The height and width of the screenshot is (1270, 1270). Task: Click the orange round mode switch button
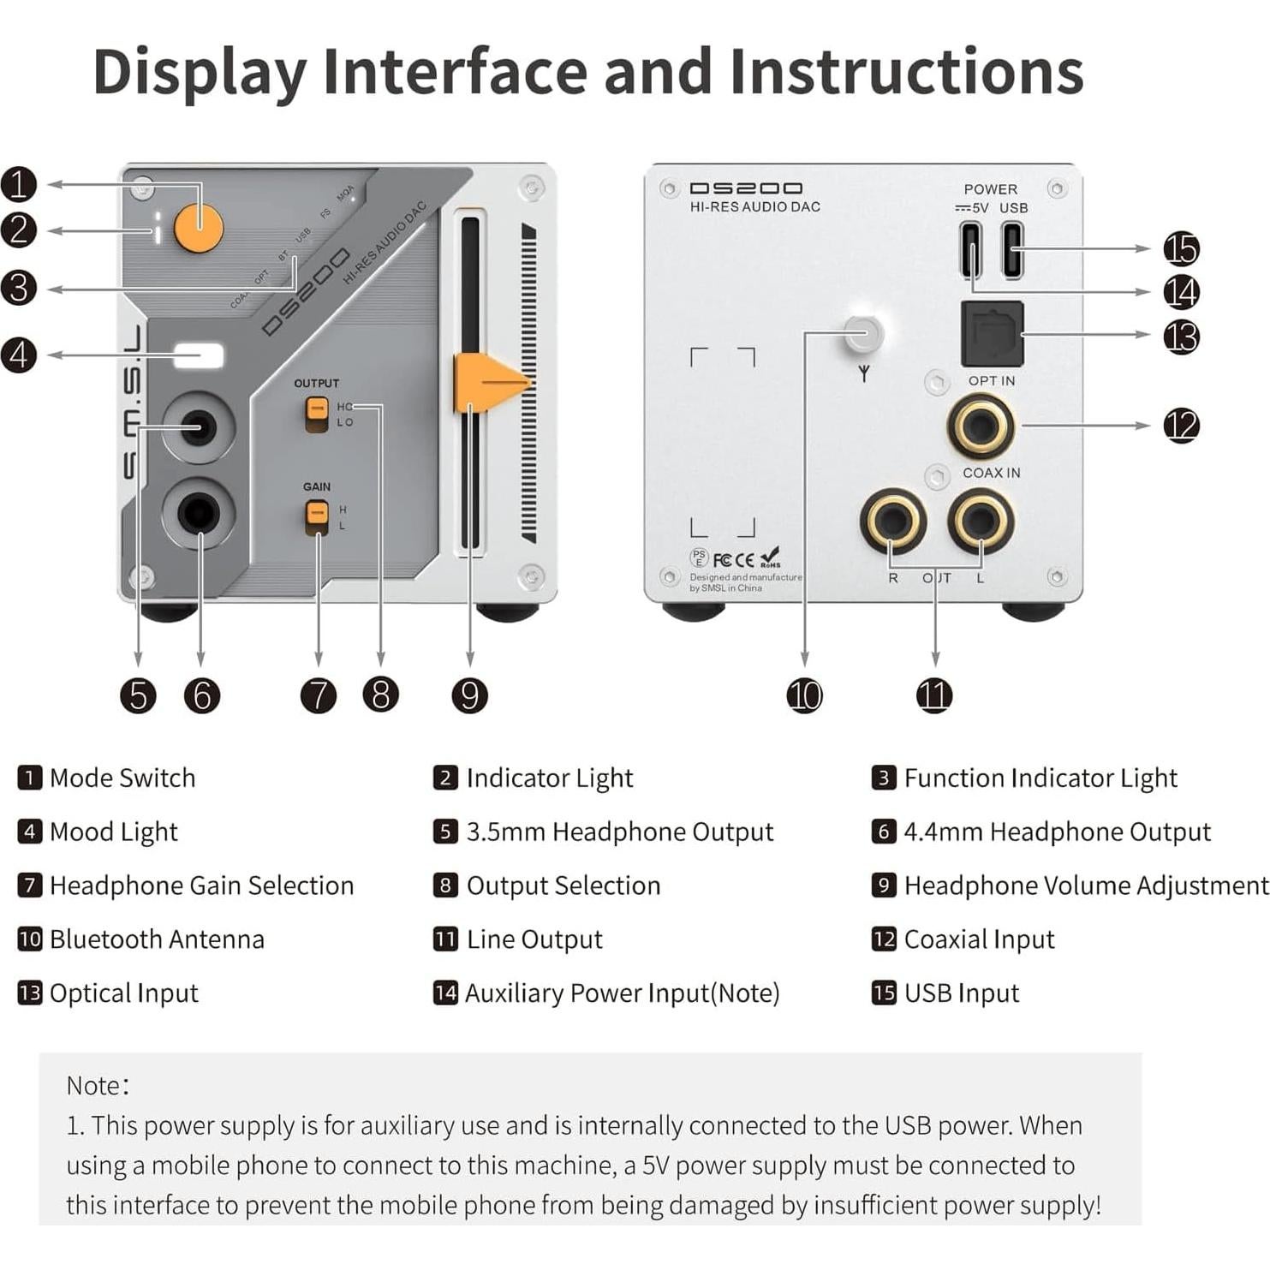199,229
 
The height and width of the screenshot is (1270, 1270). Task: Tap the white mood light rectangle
199,356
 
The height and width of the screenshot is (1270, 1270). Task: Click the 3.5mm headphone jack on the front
198,426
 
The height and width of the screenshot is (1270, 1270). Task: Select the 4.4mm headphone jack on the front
199,514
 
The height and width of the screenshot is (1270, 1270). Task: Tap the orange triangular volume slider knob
488,382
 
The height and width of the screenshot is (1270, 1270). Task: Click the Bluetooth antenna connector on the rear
863,333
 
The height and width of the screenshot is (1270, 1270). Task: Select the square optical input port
993,334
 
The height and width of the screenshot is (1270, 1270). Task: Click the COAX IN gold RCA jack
981,426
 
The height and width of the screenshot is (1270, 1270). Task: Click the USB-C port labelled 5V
971,249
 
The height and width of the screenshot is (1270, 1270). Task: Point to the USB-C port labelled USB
1012,249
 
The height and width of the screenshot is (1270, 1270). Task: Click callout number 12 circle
1181,426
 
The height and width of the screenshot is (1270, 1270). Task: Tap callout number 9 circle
469,695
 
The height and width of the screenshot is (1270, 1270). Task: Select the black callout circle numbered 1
19,184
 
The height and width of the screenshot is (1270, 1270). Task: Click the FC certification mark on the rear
722,560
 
